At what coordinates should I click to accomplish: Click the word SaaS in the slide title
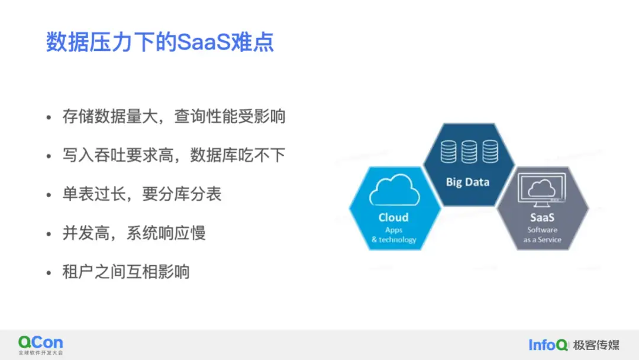click(204, 42)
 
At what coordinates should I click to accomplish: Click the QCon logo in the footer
click(41, 345)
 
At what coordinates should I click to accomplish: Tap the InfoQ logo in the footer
click(548, 345)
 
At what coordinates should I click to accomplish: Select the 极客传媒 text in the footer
click(596, 345)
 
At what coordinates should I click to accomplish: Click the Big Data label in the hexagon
click(467, 182)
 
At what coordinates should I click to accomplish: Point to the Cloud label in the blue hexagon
click(393, 217)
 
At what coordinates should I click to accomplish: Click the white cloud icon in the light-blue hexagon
click(395, 189)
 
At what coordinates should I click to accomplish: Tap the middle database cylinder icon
click(469, 152)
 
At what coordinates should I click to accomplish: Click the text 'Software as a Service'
click(543, 235)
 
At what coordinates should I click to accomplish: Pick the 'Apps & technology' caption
click(393, 235)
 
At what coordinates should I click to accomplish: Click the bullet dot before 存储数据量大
click(49, 118)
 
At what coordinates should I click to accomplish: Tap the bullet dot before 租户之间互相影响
click(49, 273)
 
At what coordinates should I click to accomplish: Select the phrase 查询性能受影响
click(230, 117)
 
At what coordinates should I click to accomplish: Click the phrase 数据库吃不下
click(238, 155)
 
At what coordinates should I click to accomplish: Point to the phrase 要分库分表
click(182, 194)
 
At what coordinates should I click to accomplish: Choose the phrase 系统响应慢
click(166, 233)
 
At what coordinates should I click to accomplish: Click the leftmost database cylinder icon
click(448, 152)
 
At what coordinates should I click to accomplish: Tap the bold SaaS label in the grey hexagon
click(542, 217)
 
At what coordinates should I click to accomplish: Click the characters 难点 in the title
click(253, 42)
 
